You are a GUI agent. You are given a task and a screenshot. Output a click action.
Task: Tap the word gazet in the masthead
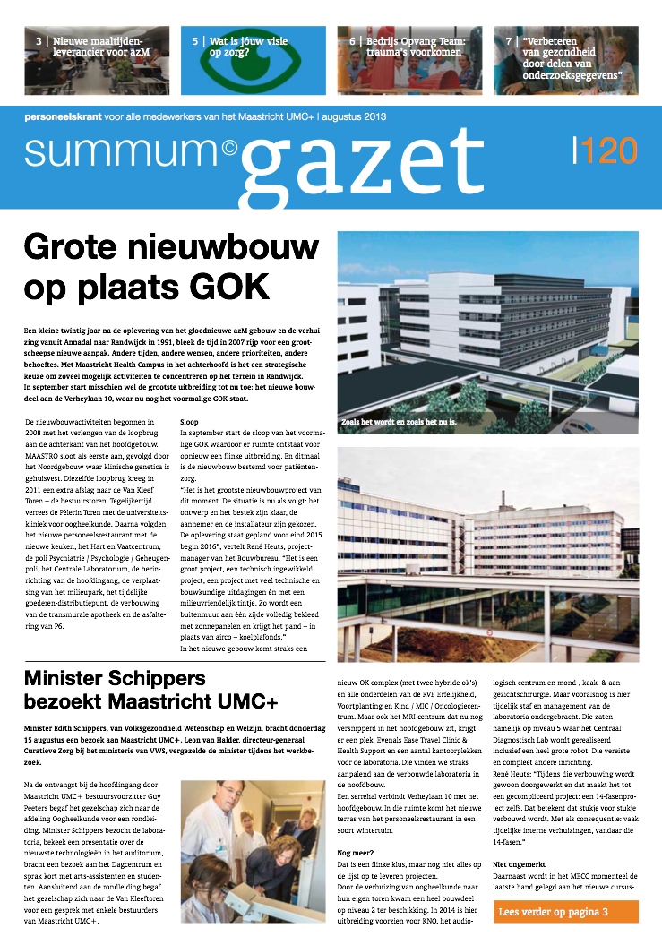pyautogui.click(x=357, y=167)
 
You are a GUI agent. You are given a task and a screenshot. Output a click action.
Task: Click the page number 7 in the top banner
pyautogui.click(x=509, y=41)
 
